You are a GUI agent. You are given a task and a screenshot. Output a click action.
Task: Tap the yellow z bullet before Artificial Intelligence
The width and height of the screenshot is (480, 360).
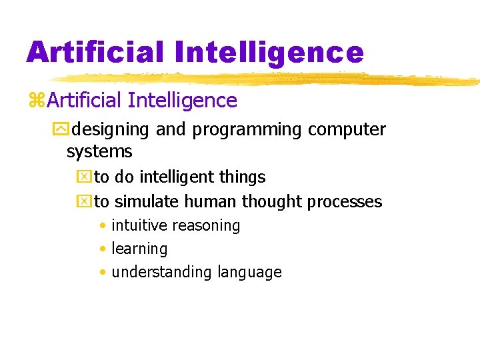point(37,101)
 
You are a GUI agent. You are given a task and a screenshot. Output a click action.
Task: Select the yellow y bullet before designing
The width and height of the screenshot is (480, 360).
point(64,129)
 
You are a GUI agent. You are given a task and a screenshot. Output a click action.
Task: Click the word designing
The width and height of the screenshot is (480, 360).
point(111,129)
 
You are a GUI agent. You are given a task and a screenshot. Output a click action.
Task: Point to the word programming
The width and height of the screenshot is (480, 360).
point(247,129)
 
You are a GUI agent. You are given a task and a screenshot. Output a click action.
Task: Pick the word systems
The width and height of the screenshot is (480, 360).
point(99,152)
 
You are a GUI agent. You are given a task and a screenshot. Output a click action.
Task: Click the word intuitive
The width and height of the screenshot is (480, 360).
point(139,225)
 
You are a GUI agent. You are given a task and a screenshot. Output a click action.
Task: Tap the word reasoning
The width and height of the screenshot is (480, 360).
point(206,226)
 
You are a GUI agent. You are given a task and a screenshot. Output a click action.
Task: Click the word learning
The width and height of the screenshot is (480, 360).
point(139,249)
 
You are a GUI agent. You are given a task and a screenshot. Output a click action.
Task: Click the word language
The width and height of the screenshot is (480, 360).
point(249,273)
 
